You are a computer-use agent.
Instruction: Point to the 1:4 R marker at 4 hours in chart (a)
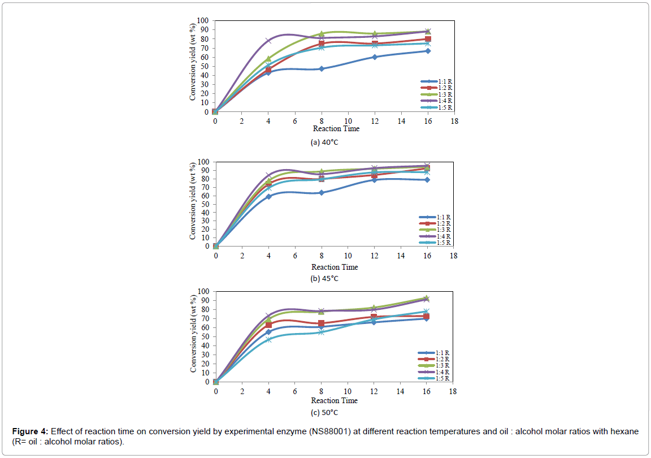point(268,41)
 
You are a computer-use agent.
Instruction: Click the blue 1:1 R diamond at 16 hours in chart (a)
point(428,51)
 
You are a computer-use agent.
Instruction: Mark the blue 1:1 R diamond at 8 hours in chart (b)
point(321,192)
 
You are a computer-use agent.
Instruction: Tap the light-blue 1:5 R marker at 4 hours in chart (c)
point(268,339)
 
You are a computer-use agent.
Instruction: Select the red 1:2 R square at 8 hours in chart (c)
point(321,323)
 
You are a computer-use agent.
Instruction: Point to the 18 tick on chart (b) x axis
point(454,256)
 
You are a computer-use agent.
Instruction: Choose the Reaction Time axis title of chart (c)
point(335,400)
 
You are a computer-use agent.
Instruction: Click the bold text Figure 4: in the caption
point(31,431)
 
